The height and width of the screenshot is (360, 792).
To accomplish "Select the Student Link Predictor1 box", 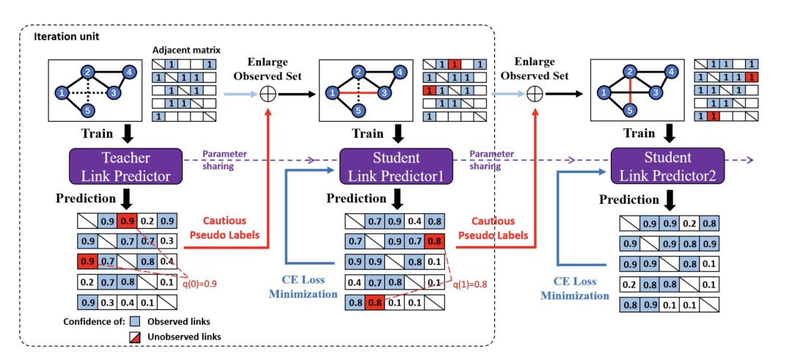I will coord(396,166).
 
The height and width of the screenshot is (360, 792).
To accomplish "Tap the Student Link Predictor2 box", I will coord(667,166).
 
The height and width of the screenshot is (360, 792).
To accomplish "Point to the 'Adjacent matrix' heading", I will coord(184,51).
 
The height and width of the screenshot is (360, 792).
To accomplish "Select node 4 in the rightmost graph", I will coord(670,72).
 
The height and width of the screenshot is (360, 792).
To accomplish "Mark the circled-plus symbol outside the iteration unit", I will coord(536,94).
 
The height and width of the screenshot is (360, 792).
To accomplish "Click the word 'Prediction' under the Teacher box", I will coord(85,199).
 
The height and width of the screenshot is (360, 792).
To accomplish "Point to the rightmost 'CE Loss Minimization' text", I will coord(576,287).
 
